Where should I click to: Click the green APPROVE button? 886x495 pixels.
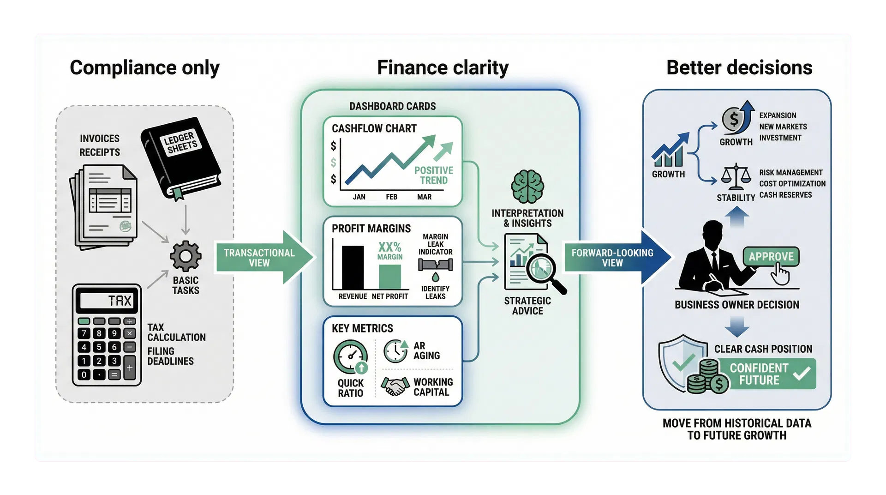pos(770,257)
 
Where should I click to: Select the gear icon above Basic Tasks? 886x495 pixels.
pos(186,256)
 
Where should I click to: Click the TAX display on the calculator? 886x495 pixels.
pos(107,301)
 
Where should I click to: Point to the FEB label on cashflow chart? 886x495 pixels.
pos(391,197)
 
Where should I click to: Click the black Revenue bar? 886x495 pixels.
pos(353,267)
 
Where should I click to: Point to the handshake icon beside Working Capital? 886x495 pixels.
pos(395,386)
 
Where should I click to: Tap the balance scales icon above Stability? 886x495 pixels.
pos(735,177)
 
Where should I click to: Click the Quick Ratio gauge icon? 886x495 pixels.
pos(351,356)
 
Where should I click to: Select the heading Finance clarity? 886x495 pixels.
pos(443,67)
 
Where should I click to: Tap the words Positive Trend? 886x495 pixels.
pos(433,175)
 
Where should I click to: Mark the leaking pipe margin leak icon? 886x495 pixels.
pos(435,266)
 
